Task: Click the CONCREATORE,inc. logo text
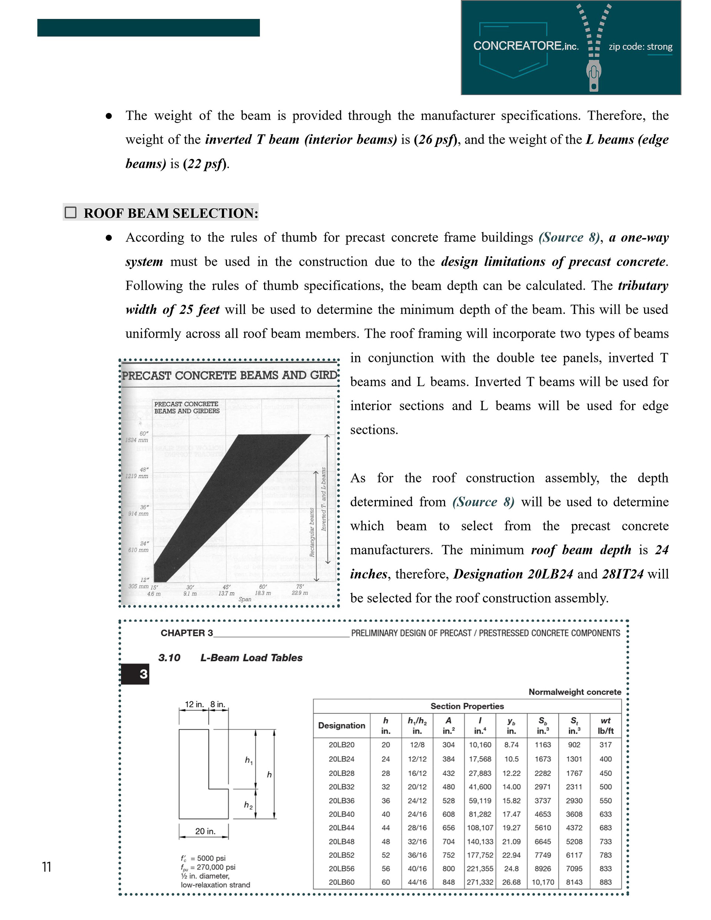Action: pos(525,46)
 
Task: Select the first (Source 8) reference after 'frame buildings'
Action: pos(569,238)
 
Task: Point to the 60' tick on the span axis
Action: pos(263,586)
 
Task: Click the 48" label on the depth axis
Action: pos(143,470)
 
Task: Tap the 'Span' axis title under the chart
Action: pos(244,599)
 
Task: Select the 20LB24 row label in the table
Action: pos(341,759)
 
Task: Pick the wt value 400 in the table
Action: pos(605,759)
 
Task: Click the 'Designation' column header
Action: pos(341,725)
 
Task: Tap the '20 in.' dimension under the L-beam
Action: pos(205,831)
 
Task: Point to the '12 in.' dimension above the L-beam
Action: pos(194,704)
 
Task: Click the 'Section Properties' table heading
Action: pos(467,706)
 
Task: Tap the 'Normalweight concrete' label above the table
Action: pos(574,692)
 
